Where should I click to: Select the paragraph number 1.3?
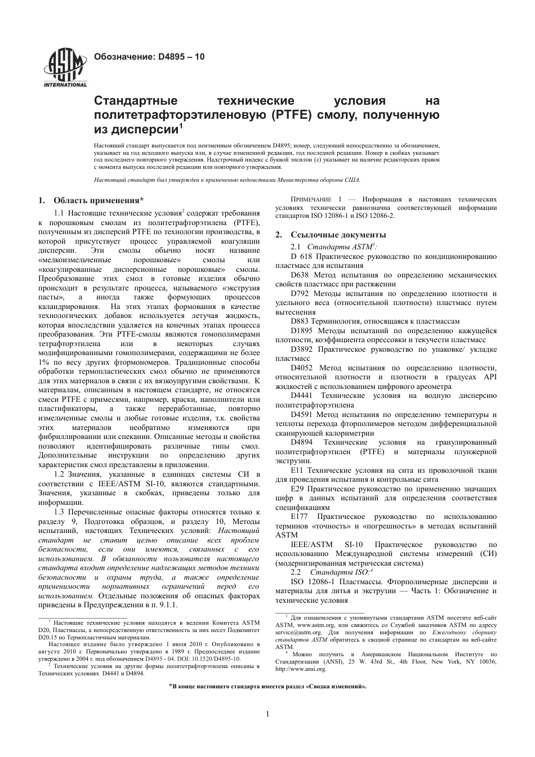pos(59,512)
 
